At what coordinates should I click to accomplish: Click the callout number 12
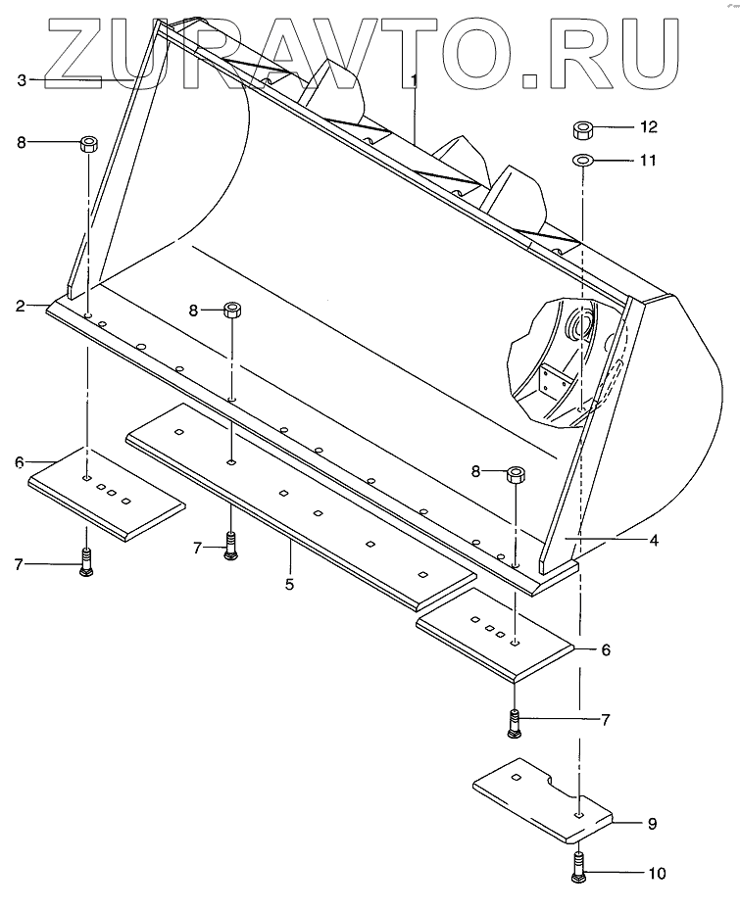(650, 127)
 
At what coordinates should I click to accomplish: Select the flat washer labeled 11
(583, 159)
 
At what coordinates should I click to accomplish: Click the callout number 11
(649, 159)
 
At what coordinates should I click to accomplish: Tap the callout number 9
(651, 824)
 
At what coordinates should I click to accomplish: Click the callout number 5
(290, 584)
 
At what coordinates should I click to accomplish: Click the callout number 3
(22, 80)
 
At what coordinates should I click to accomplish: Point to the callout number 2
(21, 307)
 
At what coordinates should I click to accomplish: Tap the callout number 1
(415, 77)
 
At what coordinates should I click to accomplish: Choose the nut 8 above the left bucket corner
(88, 144)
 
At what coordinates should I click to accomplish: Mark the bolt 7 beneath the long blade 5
(230, 545)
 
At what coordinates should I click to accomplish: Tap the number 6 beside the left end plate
(20, 460)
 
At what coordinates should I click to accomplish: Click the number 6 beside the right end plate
(606, 649)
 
